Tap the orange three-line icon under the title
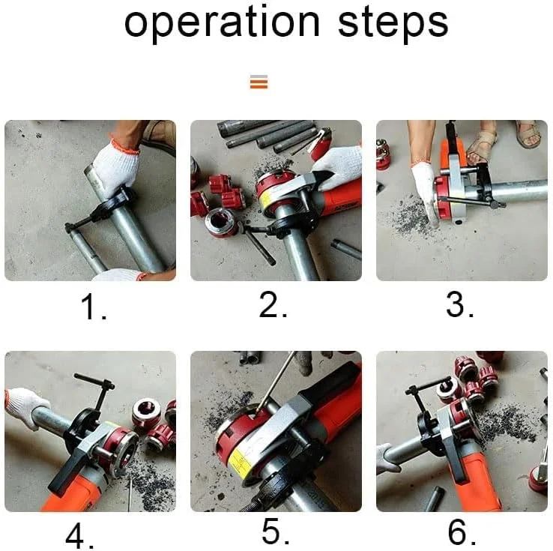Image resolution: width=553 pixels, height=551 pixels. click(x=259, y=82)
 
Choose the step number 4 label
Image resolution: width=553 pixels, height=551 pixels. click(x=85, y=535)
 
